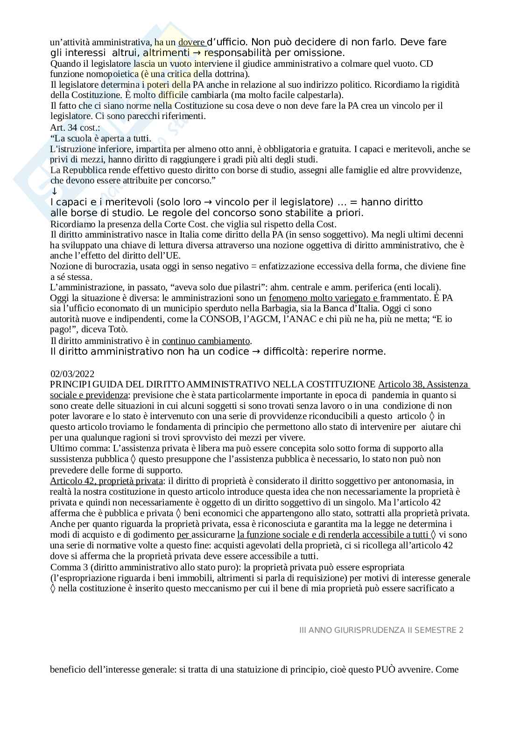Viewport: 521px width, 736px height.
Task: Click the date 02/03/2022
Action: [x=72, y=374]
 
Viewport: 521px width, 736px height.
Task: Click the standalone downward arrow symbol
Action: [x=54, y=191]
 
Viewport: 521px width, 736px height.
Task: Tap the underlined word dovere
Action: [x=192, y=42]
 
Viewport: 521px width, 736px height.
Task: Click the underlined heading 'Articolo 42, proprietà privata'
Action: [x=106, y=481]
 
